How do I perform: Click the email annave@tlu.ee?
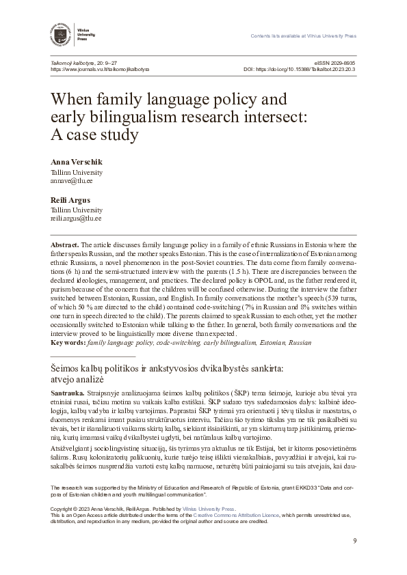coord(71,182)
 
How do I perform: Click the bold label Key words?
coord(68,342)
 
